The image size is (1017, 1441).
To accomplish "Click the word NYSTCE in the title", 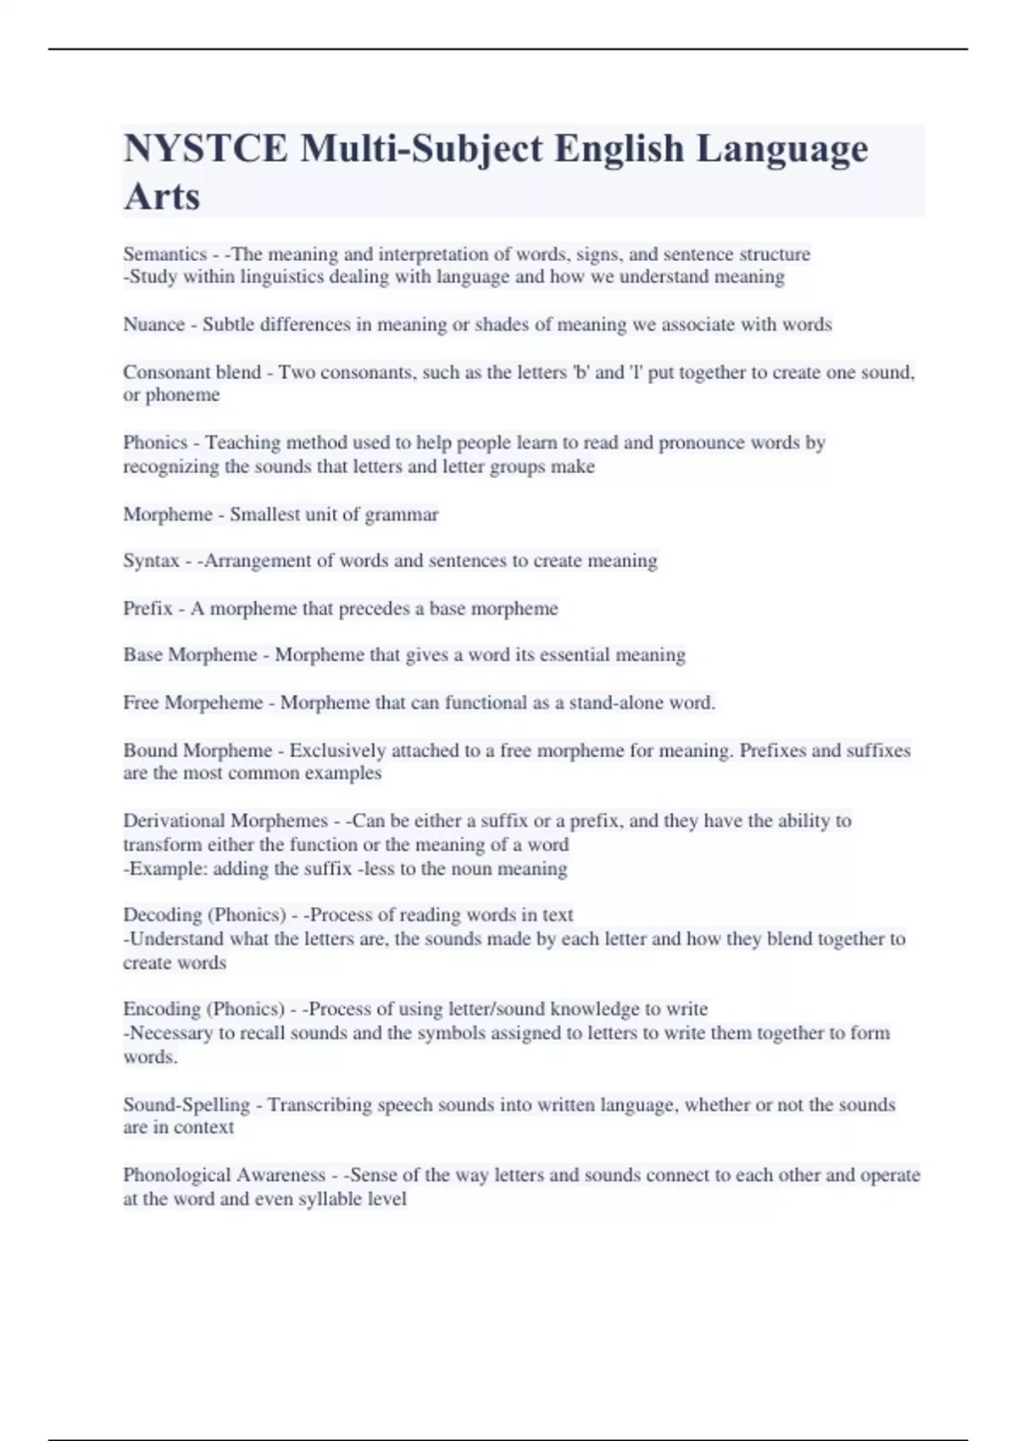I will pyautogui.click(x=205, y=149).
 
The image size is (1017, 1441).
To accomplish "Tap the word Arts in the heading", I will pyautogui.click(x=162, y=197).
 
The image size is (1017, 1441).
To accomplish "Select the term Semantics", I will pyautogui.click(x=164, y=254).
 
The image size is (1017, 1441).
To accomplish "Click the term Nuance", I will pyautogui.click(x=153, y=325).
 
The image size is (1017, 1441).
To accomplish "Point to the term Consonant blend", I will pyautogui.click(x=192, y=372).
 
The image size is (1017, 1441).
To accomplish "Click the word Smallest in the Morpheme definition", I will pyautogui.click(x=263, y=515).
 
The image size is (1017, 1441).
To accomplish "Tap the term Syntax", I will pyautogui.click(x=151, y=561).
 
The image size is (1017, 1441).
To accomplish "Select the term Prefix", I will pyautogui.click(x=147, y=609).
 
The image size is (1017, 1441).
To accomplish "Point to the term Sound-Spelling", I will pyautogui.click(x=186, y=1105).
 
